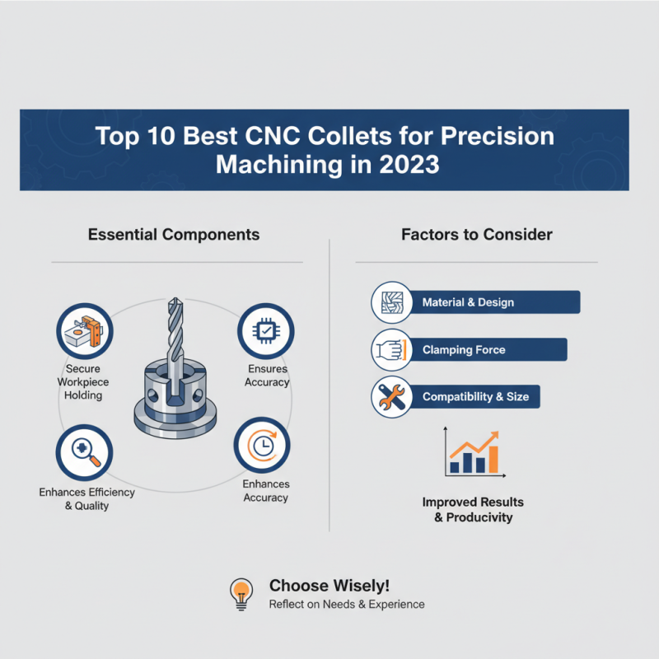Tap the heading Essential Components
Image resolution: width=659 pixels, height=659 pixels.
coord(173,235)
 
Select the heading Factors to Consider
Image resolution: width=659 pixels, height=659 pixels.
coord(477,235)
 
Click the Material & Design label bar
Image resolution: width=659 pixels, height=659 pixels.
coord(468,302)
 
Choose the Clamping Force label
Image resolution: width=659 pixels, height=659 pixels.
coord(464,349)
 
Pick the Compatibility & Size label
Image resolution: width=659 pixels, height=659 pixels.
coord(475,397)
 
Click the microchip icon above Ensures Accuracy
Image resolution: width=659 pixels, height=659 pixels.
coord(266,330)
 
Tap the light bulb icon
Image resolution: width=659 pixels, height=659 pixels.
coord(241,593)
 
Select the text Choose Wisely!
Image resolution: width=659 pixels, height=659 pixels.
coord(329,586)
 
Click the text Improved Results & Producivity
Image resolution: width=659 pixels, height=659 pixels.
coord(473,510)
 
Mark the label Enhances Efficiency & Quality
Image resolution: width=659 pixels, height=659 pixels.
coord(86,498)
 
